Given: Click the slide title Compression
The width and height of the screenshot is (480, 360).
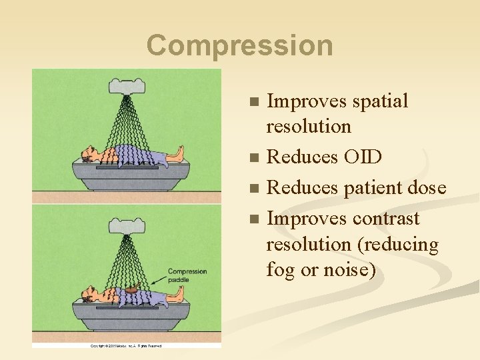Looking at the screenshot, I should pos(239,45).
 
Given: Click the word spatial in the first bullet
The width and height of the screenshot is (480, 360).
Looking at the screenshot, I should pos(377,101).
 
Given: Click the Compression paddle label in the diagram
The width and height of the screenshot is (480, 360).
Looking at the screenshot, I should pos(187,275).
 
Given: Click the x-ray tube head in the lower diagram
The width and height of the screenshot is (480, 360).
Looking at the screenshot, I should pos(127,226).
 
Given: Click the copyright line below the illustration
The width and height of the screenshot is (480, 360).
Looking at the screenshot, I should pos(127,346).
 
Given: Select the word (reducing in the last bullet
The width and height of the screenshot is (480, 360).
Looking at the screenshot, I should pos(399,245).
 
